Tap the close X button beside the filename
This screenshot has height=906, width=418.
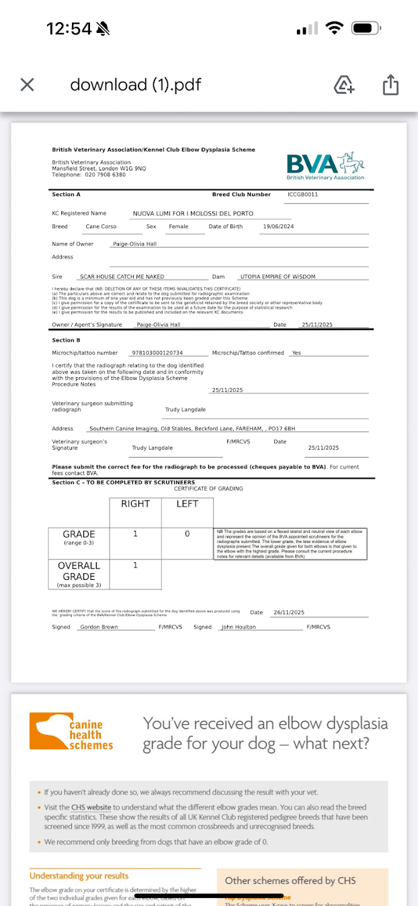(27, 85)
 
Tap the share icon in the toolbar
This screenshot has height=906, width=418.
(390, 85)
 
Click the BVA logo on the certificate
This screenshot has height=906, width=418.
(325, 166)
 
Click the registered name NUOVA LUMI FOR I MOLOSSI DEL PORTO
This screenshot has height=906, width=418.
(193, 213)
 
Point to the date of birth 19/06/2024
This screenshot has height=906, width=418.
(278, 227)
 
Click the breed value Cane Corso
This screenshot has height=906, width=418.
(101, 227)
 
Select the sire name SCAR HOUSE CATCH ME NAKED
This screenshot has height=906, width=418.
(122, 276)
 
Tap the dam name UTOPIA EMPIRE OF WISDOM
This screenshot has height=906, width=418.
(278, 276)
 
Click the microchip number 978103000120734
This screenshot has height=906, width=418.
(157, 353)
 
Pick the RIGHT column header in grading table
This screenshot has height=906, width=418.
(135, 504)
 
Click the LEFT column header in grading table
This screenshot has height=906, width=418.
(187, 504)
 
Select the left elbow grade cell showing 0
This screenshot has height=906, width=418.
(187, 534)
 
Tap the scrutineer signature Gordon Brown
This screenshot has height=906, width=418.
(99, 627)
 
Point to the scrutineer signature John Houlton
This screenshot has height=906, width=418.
(239, 627)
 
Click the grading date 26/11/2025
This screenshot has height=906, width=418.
(288, 613)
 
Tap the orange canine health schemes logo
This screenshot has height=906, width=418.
(71, 732)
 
